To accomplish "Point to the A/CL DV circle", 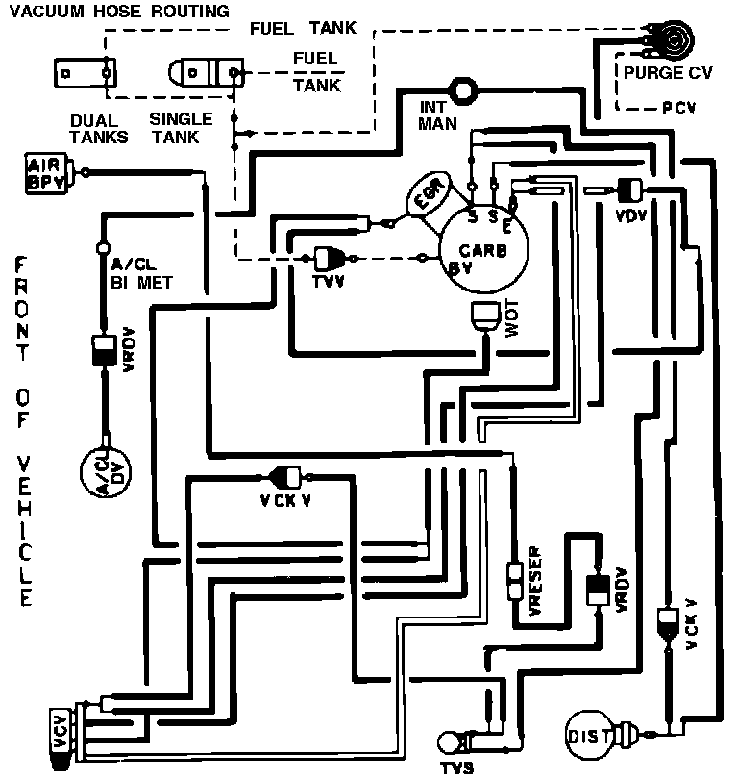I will (105, 473).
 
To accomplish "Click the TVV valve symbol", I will (331, 258).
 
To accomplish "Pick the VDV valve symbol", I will (630, 190).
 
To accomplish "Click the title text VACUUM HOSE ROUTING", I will (120, 12).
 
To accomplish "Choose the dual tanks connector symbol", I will (85, 72).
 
